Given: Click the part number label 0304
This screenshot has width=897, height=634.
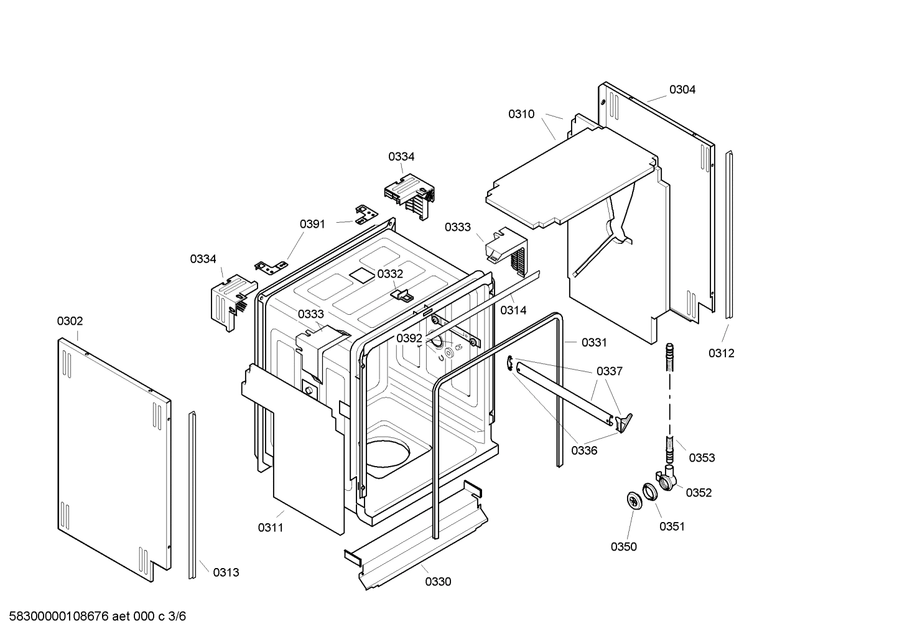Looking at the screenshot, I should (x=682, y=90).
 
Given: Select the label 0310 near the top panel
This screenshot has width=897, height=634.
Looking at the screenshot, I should (x=521, y=114).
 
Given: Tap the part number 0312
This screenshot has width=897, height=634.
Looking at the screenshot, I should (x=721, y=353).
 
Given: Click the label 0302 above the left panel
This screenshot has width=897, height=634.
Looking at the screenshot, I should (x=70, y=321).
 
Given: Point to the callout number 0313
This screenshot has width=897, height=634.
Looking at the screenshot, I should (x=226, y=572).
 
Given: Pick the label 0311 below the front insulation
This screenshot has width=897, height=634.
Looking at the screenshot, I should (x=271, y=528).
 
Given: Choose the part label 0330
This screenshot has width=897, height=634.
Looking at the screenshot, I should (x=438, y=582).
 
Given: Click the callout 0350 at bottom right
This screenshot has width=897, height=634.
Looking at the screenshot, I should (x=623, y=546).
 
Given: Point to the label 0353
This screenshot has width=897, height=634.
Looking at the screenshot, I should (x=702, y=458).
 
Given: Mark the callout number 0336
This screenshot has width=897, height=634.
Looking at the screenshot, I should (x=584, y=450).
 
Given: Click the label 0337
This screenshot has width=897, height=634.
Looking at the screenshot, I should (x=609, y=371).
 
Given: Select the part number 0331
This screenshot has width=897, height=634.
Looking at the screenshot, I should (x=594, y=342).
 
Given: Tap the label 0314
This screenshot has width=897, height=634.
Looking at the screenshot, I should (x=513, y=310).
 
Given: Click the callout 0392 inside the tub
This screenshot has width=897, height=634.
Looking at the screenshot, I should (x=409, y=338).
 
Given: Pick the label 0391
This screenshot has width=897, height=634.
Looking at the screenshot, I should (x=312, y=224).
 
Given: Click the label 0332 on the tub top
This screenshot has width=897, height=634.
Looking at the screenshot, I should (x=390, y=274).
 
